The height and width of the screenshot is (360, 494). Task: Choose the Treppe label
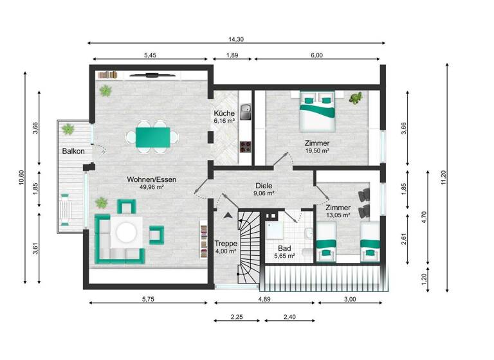pyautogui.click(x=226, y=244)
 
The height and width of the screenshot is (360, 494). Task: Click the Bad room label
pyautogui.click(x=284, y=248)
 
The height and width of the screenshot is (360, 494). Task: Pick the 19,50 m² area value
pyautogui.click(x=317, y=151)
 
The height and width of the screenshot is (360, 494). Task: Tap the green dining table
pyautogui.click(x=152, y=136)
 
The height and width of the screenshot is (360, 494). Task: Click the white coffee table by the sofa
pyautogui.click(x=126, y=233)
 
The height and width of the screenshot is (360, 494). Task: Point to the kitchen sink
pyautogui.click(x=244, y=108)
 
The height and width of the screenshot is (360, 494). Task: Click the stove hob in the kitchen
pyautogui.click(x=244, y=147)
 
